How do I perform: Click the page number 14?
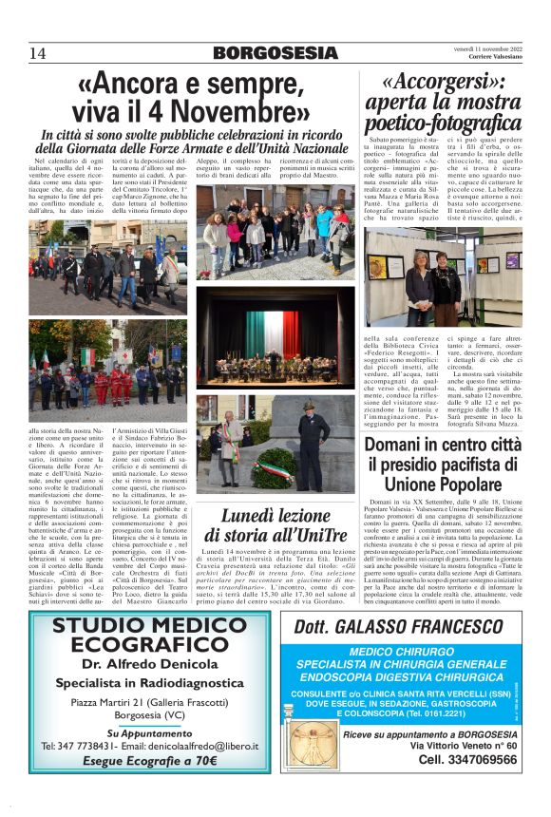[x=38, y=51]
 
